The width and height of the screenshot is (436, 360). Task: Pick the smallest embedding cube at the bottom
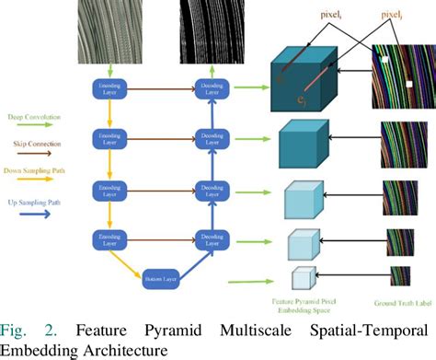pyautogui.click(x=303, y=279)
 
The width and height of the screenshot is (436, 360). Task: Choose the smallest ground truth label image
pyautogui.click(x=401, y=276)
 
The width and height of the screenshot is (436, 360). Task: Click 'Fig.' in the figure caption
pyautogui.click(x=16, y=330)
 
